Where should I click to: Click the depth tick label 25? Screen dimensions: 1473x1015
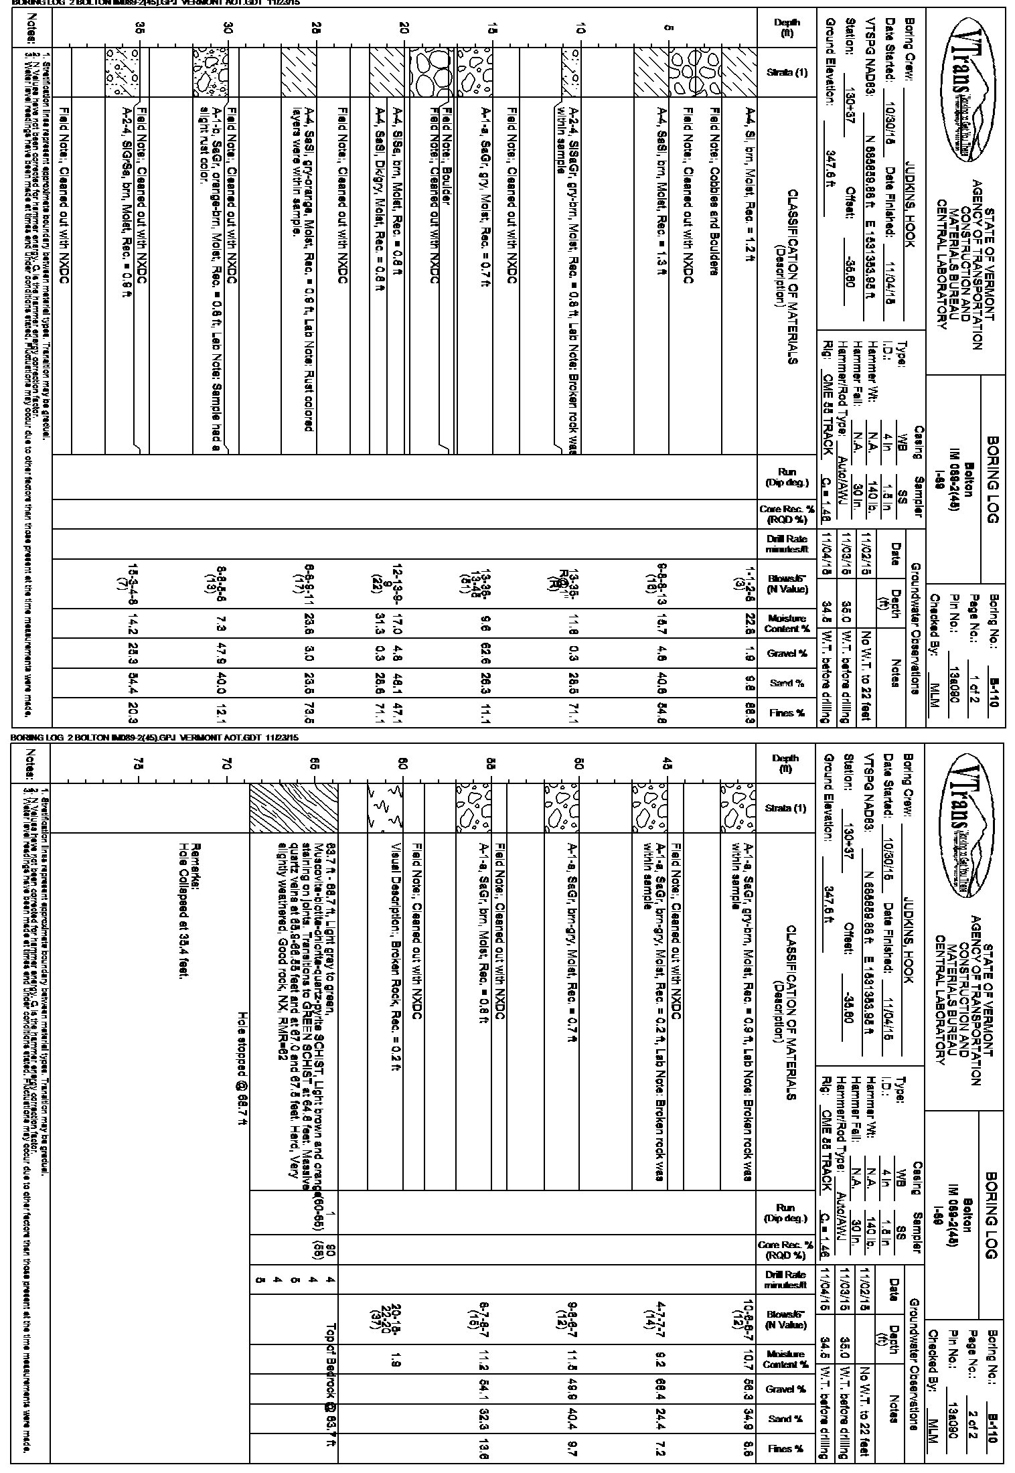click(317, 29)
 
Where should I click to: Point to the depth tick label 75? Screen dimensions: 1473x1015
click(139, 764)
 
